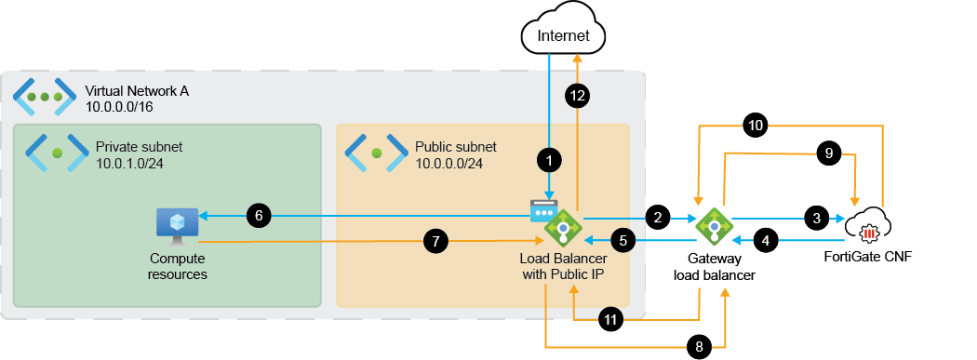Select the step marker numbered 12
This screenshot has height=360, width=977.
pyautogui.click(x=577, y=94)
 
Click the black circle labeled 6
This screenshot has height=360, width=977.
pyautogui.click(x=259, y=216)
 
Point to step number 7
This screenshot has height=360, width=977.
pyautogui.click(x=435, y=241)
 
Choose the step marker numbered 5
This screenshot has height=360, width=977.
pyautogui.click(x=625, y=240)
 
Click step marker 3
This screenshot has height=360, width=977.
pyautogui.click(x=816, y=220)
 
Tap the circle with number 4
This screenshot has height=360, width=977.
pyautogui.click(x=766, y=240)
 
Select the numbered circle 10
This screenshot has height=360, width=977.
pyautogui.click(x=756, y=124)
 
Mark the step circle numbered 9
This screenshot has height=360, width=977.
pyautogui.click(x=827, y=153)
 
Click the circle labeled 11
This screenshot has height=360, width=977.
pyautogui.click(x=610, y=318)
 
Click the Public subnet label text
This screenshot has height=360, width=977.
pyautogui.click(x=455, y=147)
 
